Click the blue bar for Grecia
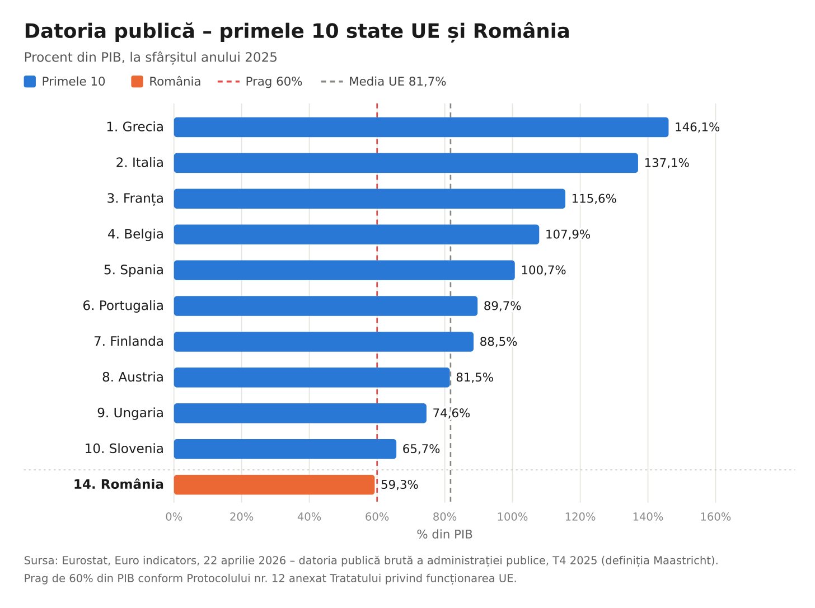[x=421, y=127]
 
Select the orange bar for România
[x=274, y=484]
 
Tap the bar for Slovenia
[x=285, y=449]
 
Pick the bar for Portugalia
[x=326, y=305]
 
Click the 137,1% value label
[x=666, y=163]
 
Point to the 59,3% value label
[x=399, y=484]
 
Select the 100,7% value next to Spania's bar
[x=543, y=270]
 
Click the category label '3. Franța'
[x=135, y=199]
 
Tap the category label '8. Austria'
[x=133, y=377]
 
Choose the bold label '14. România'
[x=119, y=484]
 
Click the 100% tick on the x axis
[x=512, y=517]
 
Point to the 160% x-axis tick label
[x=715, y=517]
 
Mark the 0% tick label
[x=174, y=517]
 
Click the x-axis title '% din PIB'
[x=444, y=534]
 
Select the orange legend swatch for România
[x=137, y=82]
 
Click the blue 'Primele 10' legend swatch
[x=30, y=82]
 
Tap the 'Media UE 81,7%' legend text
[x=397, y=82]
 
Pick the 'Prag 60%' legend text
[x=274, y=82]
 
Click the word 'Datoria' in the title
[x=65, y=31]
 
